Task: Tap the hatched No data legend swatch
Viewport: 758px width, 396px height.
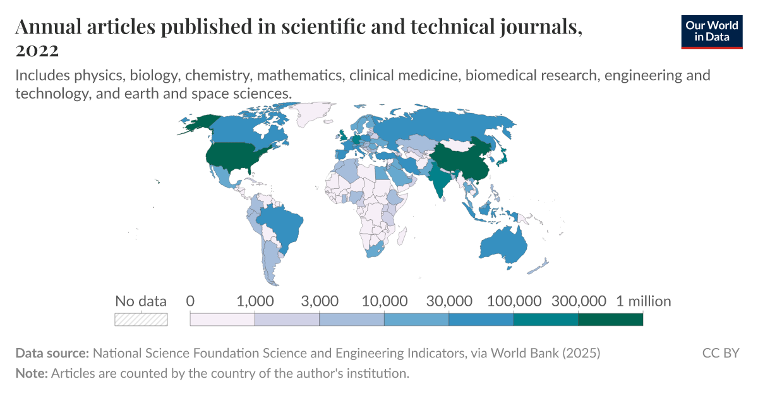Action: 141,320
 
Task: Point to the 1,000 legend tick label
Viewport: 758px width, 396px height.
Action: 255,301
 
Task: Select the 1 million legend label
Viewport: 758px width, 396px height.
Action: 643,301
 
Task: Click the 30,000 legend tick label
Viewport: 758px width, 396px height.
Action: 448,301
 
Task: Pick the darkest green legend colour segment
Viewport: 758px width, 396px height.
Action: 610,320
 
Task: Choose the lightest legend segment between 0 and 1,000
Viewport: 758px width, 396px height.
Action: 222,320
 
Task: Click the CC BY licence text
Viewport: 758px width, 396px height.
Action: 720,353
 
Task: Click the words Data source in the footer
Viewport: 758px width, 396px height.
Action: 52,353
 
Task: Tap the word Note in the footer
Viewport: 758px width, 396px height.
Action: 30,373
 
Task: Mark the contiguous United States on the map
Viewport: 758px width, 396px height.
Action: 233,157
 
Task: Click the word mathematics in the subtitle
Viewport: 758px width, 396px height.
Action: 345,76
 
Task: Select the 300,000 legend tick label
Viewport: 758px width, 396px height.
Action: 579,301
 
